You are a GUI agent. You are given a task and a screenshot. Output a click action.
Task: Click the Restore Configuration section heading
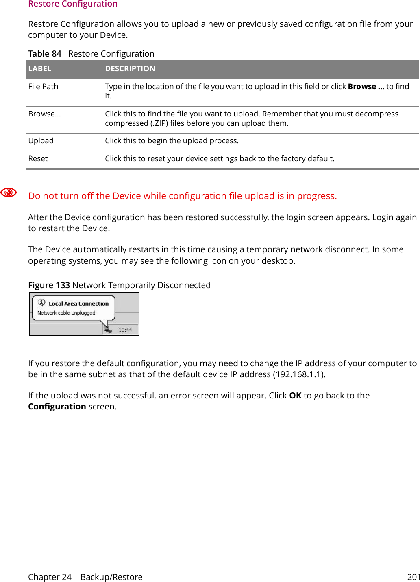coord(73,4)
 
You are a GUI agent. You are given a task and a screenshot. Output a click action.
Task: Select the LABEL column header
coord(40,69)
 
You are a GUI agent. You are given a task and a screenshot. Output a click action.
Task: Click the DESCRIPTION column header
coord(130,69)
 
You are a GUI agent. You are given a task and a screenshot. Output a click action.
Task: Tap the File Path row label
coord(43,87)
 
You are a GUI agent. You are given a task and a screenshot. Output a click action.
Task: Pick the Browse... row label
coord(44,114)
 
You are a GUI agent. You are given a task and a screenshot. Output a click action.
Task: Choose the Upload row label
coord(41,141)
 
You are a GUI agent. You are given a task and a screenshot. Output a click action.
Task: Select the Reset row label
coord(38,159)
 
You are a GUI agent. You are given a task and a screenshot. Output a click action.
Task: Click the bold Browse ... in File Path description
coord(366,87)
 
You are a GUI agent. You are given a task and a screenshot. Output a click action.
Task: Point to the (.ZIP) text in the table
coord(159,123)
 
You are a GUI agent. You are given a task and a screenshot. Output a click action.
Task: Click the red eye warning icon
coord(9,193)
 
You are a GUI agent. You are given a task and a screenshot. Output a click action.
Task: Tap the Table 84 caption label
coord(44,54)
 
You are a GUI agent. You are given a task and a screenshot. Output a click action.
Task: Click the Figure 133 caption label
coord(49,285)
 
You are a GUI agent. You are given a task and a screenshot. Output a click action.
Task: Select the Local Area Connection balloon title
coord(78,304)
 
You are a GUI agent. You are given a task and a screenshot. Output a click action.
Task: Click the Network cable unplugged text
coord(66,313)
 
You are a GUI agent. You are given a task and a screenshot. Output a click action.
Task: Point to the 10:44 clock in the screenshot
coord(125,330)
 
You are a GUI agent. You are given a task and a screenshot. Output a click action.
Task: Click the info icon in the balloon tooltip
coord(41,302)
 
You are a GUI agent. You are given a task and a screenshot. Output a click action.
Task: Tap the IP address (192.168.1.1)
coord(299,374)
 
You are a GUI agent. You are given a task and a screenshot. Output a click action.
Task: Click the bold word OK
coord(295,396)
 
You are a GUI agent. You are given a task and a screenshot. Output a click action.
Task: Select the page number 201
coord(413,577)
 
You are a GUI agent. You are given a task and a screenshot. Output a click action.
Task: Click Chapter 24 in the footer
coord(50,577)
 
